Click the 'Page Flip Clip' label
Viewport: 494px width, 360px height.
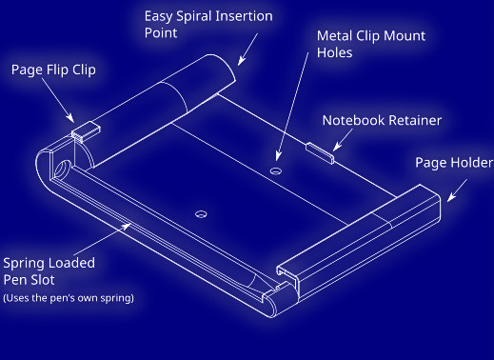point(53,70)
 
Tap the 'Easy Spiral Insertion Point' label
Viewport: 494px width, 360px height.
point(208,25)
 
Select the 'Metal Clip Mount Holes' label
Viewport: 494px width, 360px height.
point(371,44)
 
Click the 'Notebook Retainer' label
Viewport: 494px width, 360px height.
point(382,120)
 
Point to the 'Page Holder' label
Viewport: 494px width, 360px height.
point(454,163)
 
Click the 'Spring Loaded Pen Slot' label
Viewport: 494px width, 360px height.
point(49,271)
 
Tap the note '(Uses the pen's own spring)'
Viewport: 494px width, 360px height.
point(69,298)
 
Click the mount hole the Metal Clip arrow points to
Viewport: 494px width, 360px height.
point(276,171)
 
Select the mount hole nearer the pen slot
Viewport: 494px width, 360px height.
point(201,214)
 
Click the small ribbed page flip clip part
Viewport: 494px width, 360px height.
point(86,131)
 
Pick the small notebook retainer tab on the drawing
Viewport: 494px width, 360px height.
point(320,153)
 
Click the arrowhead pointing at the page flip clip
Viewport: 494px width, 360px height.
point(70,118)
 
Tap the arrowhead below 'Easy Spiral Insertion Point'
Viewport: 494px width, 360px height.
point(242,60)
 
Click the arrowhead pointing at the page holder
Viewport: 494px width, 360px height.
point(451,197)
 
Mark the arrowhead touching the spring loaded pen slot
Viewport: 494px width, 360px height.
point(126,227)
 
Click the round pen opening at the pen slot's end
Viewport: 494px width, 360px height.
point(63,169)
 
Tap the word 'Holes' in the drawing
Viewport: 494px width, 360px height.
point(334,52)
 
